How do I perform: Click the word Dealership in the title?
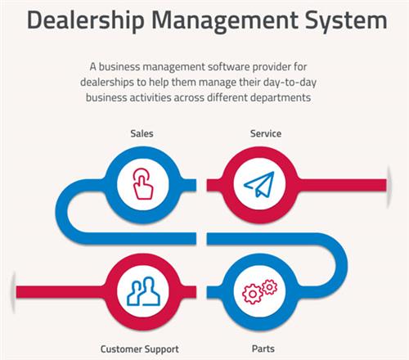pos(86,20)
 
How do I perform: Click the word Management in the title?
pos(225,21)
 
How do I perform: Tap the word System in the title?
pos(346,21)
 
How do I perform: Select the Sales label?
pos(142,133)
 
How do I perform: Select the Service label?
pos(266,133)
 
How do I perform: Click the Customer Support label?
pos(140,349)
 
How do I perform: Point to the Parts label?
pos(263,349)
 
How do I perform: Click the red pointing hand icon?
pos(143,183)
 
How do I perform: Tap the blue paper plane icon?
pos(259,184)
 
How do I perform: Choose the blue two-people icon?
pos(144,290)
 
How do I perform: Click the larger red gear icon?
pos(253,294)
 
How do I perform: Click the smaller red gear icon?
pos(269,287)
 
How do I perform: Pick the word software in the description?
pos(228,67)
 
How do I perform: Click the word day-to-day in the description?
pos(290,83)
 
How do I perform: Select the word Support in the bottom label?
pos(162,349)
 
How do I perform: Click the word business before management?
pos(119,67)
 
